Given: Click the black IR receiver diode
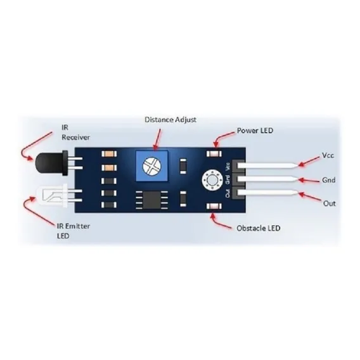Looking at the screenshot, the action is click(52, 163).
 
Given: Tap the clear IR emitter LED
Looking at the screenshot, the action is click(52, 196).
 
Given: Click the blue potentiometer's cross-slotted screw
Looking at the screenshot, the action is click(151, 165).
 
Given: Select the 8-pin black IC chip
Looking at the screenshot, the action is click(151, 200).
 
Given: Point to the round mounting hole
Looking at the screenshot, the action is click(212, 181).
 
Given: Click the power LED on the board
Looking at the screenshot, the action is click(214, 153).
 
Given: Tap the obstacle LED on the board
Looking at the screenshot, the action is click(214, 206).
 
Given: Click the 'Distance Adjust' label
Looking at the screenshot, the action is click(170, 120).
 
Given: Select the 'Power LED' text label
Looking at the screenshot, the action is click(255, 131).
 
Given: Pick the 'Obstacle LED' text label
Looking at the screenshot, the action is click(259, 228).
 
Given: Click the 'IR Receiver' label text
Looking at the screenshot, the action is click(75, 132).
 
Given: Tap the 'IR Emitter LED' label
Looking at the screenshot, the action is click(74, 231).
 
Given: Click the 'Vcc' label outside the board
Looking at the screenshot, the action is click(328, 155).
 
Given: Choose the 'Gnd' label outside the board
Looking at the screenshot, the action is click(328, 180).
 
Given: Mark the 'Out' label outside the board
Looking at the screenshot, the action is click(329, 203).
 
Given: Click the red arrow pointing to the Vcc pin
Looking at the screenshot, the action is click(309, 161).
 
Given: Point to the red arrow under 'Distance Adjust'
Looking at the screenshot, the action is click(157, 139).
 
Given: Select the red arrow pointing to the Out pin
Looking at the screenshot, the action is click(310, 197).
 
